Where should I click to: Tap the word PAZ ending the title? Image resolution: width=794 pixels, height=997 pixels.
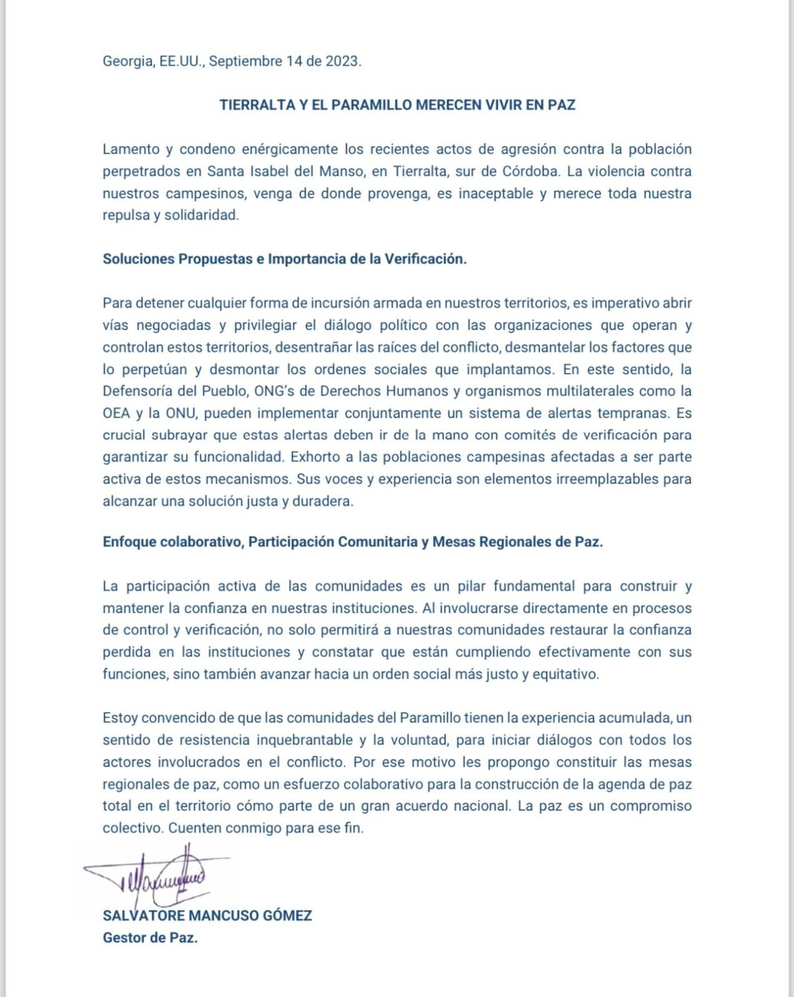[x=561, y=105]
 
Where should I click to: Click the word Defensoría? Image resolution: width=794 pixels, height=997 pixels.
[x=140, y=392]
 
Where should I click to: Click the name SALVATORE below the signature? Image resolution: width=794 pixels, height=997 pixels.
[x=143, y=916]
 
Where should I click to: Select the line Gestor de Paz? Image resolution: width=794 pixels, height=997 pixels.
[x=150, y=938]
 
